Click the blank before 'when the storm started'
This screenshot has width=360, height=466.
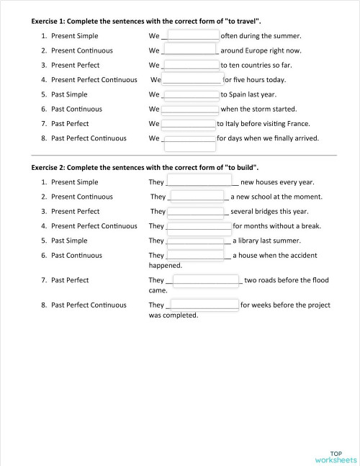(190, 109)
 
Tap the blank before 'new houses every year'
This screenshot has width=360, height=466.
(199, 181)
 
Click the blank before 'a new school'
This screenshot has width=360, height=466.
(197, 197)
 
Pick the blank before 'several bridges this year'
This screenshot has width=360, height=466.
(196, 211)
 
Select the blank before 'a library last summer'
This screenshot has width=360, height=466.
(195, 241)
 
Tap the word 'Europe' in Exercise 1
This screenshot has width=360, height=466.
(255, 50)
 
